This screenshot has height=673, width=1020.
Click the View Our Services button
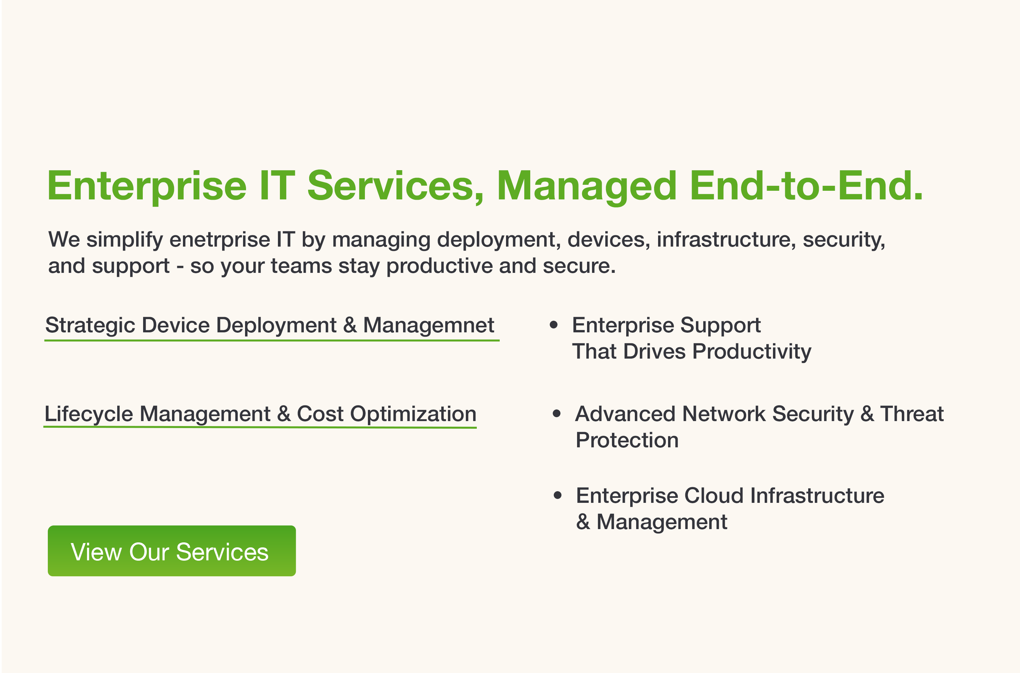[x=172, y=551]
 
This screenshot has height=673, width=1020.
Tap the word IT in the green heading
[x=277, y=185]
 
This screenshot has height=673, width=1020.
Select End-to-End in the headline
[x=806, y=185]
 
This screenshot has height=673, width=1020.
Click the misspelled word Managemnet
[x=428, y=325]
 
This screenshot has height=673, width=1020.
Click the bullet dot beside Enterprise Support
[x=554, y=325]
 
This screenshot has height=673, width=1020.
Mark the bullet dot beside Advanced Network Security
[x=557, y=414]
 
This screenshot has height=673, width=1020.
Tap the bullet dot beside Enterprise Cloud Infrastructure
[x=557, y=495]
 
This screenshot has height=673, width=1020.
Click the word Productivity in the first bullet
[x=752, y=352]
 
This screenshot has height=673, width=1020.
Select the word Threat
[x=912, y=414]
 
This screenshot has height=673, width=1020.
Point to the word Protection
[x=627, y=440]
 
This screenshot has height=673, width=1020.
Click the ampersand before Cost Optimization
[x=284, y=414]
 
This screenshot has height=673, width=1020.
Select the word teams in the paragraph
[x=301, y=267]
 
